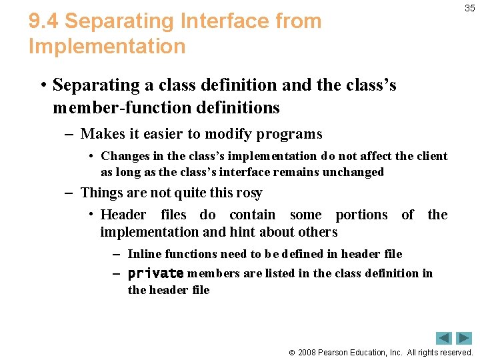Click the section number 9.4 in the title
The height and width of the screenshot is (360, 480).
pyautogui.click(x=43, y=21)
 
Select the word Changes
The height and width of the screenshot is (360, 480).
pyautogui.click(x=125, y=156)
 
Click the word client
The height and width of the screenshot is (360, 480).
pyautogui.click(x=432, y=156)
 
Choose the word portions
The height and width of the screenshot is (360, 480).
pyautogui.click(x=361, y=215)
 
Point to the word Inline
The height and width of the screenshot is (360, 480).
pyautogui.click(x=143, y=254)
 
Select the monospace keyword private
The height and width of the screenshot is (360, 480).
pyautogui.click(x=155, y=273)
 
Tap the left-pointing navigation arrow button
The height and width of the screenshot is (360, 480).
pyautogui.click(x=444, y=338)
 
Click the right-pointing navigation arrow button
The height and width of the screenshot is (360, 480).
pyautogui.click(x=464, y=338)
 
